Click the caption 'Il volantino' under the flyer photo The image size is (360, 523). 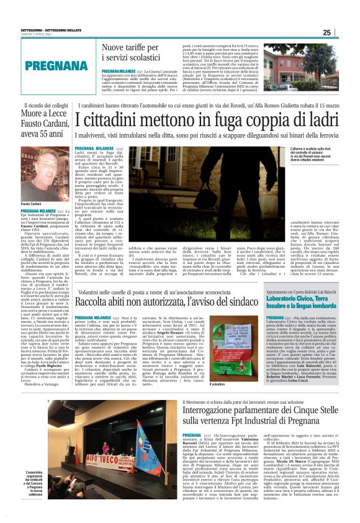[x=218, y=386]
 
